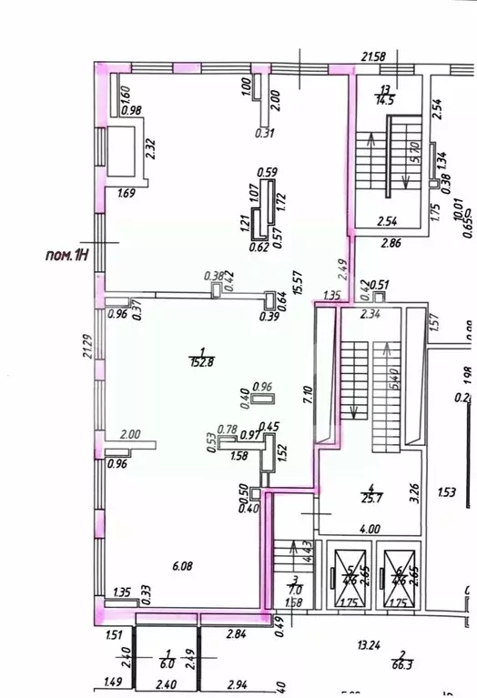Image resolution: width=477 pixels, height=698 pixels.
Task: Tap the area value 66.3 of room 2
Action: pyautogui.click(x=401, y=665)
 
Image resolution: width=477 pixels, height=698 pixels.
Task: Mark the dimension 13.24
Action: pyautogui.click(x=369, y=645)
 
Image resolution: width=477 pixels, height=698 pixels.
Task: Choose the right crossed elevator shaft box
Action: pyautogui.click(x=400, y=579)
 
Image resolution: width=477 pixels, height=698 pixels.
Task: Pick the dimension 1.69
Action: pyautogui.click(x=127, y=192)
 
